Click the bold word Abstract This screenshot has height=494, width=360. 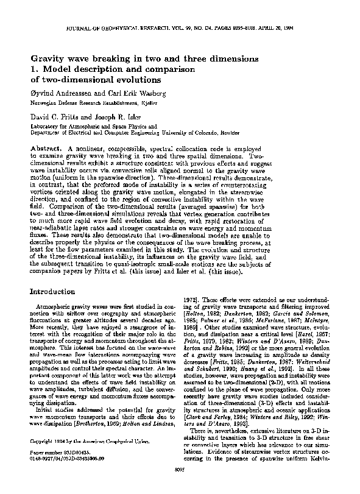pos(47,149)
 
